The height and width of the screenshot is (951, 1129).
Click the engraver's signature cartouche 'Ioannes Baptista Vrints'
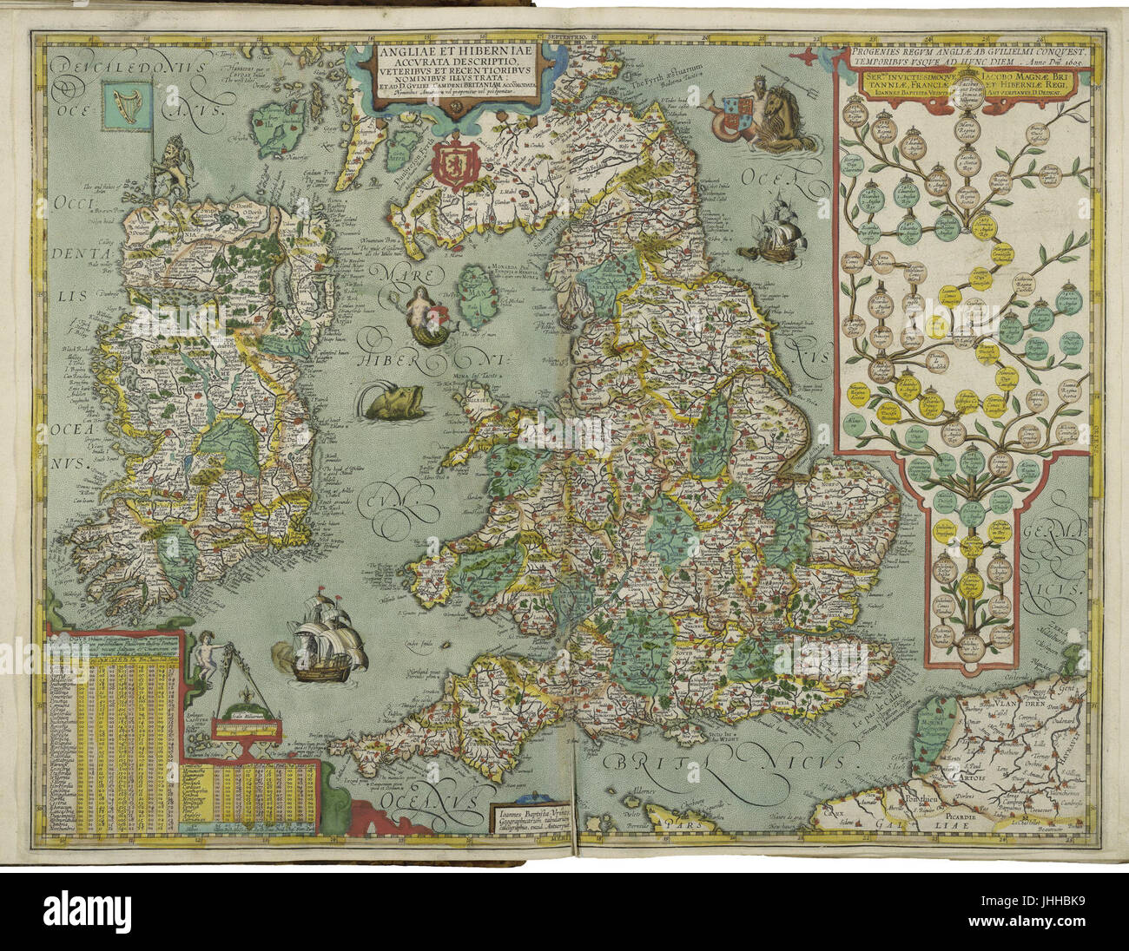531,821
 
